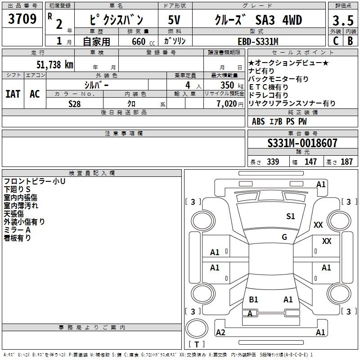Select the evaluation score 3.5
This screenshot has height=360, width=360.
click(342, 21)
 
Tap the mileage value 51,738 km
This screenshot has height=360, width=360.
click(54, 64)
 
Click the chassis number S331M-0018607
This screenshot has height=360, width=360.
click(302, 144)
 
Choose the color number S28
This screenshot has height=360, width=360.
click(75, 104)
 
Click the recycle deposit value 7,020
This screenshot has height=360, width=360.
click(227, 104)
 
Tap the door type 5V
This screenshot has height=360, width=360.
click(175, 20)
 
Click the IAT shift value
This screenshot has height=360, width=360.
click(13, 94)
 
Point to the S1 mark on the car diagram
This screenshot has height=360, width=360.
click(291, 216)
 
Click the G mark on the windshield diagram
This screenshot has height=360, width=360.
click(284, 237)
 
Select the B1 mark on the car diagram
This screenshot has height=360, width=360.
click(253, 300)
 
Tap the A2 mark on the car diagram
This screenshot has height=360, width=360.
click(220, 333)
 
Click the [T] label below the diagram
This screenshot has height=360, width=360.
click(196, 345)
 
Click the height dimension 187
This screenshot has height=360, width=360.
click(346, 162)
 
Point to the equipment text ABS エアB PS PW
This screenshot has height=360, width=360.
click(279, 121)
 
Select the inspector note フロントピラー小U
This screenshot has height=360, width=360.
click(35, 181)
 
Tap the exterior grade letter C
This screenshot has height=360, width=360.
click(335, 41)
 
